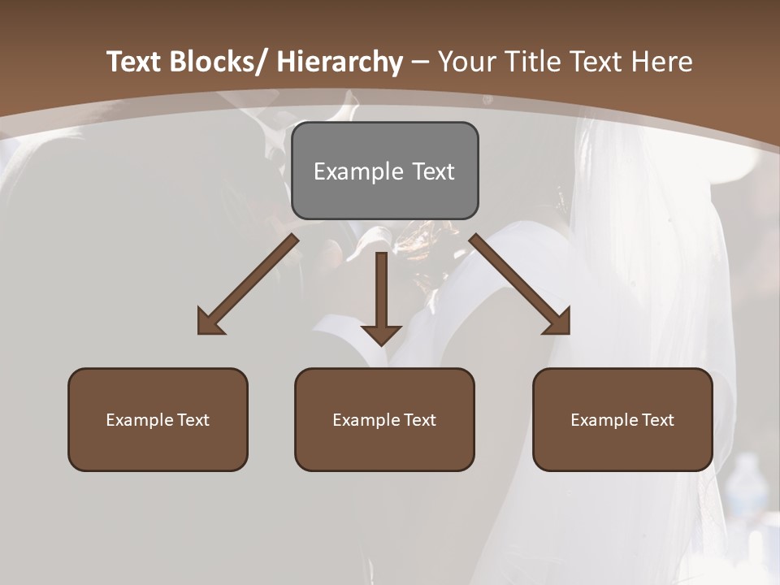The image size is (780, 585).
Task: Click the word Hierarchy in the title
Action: click(x=340, y=63)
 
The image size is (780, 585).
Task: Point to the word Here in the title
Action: click(x=660, y=63)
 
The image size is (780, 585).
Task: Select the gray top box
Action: click(x=384, y=171)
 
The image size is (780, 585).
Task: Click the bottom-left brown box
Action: click(x=158, y=419)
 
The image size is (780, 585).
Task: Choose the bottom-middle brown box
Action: click(x=384, y=419)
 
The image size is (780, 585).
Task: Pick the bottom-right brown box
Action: click(x=622, y=419)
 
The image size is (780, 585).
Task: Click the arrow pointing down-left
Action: click(x=248, y=285)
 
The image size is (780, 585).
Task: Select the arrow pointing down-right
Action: click(x=520, y=284)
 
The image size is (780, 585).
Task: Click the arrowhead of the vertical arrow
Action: click(x=381, y=334)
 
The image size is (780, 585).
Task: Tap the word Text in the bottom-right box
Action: click(x=656, y=420)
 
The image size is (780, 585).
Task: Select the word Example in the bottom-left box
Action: click(x=140, y=420)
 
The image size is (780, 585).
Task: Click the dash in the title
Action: click(x=420, y=63)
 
